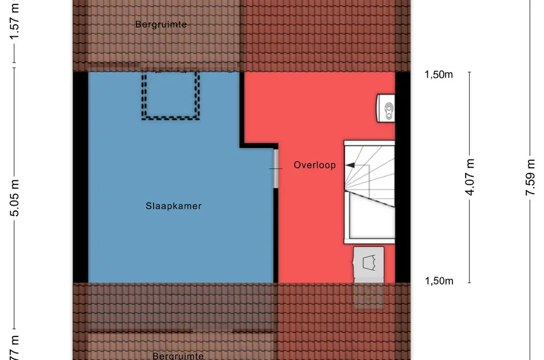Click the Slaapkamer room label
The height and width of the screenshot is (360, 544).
pyautogui.click(x=173, y=206)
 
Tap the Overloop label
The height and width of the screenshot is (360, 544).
pyautogui.click(x=314, y=165)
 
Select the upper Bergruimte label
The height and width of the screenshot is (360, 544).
pyautogui.click(x=161, y=24)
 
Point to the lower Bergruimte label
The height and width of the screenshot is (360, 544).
pyautogui.click(x=178, y=356)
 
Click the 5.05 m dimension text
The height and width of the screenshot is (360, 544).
pyautogui.click(x=16, y=197)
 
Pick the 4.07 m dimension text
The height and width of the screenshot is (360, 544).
pyautogui.click(x=470, y=176)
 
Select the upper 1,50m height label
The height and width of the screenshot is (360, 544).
pyautogui.click(x=439, y=74)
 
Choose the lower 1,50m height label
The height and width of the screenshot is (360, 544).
pyautogui.click(x=439, y=281)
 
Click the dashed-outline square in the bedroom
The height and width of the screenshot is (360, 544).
pyautogui.click(x=171, y=96)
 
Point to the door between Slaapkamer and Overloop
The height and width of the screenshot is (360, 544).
pyautogui.click(x=276, y=168)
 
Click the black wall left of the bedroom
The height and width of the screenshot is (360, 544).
pyautogui.click(x=81, y=177)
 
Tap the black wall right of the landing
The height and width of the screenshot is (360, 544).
pyautogui.click(x=403, y=177)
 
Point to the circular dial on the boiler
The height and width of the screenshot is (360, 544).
pyautogui.click(x=389, y=108)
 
